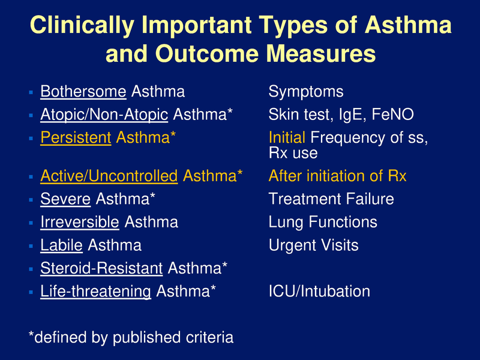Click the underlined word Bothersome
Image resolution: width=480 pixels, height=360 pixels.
pos(83,92)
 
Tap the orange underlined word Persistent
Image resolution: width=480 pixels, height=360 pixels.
pos(76,137)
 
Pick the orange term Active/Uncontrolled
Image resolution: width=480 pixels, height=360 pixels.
pos(109,176)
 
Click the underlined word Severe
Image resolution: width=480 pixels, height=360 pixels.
pos(65,199)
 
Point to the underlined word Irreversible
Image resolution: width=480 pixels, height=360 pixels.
pos(79,222)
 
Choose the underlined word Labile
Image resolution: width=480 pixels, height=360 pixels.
pos(61,245)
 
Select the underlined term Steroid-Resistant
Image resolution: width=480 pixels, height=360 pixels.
pos(101,268)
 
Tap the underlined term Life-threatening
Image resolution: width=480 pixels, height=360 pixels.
pos(95,291)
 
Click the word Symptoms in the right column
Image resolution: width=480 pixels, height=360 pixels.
pos(306,92)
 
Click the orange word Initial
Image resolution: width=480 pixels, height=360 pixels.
pos(287,137)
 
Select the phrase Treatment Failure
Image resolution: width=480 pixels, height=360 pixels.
pos(331,199)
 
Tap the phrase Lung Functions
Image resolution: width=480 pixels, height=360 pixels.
pos(323,222)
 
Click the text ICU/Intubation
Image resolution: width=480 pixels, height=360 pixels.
pos(319,291)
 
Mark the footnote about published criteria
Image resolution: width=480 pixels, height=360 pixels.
pos(131,337)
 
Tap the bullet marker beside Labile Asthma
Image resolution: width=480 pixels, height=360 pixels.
pos(31,246)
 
